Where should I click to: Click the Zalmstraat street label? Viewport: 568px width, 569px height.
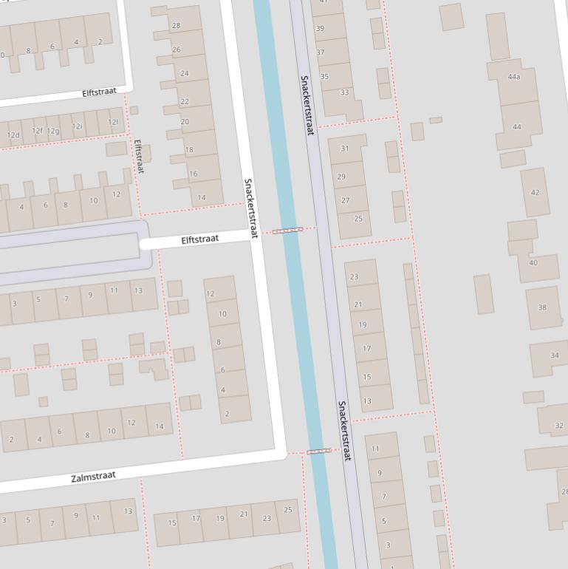click(x=93, y=477)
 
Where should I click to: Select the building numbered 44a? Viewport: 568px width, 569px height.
click(x=514, y=77)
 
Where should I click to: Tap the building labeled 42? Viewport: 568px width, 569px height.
click(x=535, y=192)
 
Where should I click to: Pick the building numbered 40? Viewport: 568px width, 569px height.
click(x=533, y=262)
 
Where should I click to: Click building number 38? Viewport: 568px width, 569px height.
click(x=542, y=307)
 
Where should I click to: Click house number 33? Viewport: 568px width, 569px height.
click(x=344, y=92)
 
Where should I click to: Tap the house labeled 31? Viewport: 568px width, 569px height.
click(x=344, y=149)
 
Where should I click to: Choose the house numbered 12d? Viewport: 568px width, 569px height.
click(x=13, y=134)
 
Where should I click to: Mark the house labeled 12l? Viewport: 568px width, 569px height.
click(x=113, y=122)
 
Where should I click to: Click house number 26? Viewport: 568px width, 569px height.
click(x=177, y=50)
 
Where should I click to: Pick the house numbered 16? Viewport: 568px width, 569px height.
click(x=194, y=174)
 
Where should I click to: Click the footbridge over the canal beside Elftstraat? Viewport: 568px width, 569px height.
click(x=287, y=231)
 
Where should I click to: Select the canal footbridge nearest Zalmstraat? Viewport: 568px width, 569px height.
click(x=318, y=451)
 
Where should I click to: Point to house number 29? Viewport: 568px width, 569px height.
click(x=342, y=177)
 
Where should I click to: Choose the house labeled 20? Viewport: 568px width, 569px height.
click(x=185, y=122)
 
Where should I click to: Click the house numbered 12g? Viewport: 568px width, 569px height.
click(x=53, y=131)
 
